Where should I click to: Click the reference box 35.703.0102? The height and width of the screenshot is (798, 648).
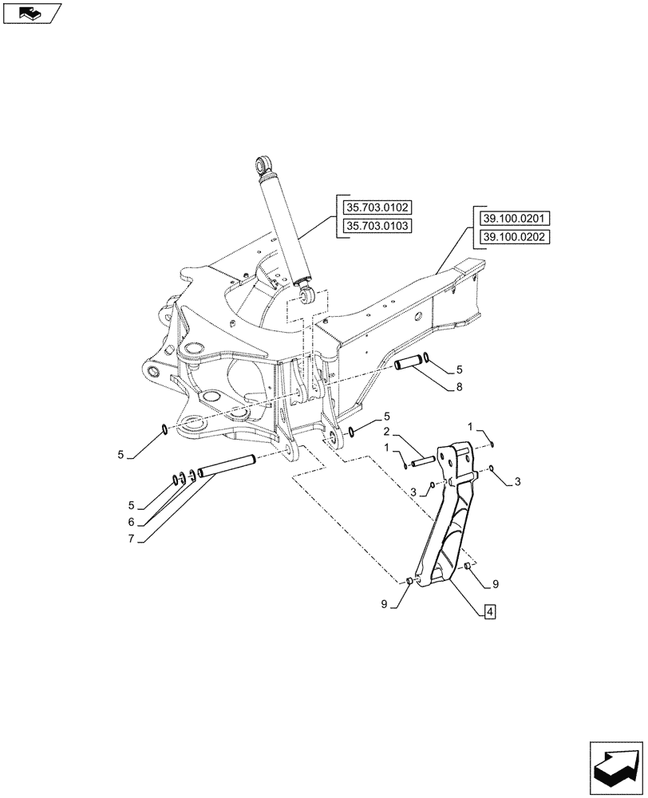click(x=377, y=208)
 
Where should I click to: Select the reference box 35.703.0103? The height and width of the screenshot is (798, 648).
click(x=377, y=226)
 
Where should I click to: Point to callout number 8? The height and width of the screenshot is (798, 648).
click(x=459, y=389)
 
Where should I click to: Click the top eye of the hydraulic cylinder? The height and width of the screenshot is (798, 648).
click(x=263, y=167)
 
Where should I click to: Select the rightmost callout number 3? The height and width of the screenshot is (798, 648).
click(x=517, y=482)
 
